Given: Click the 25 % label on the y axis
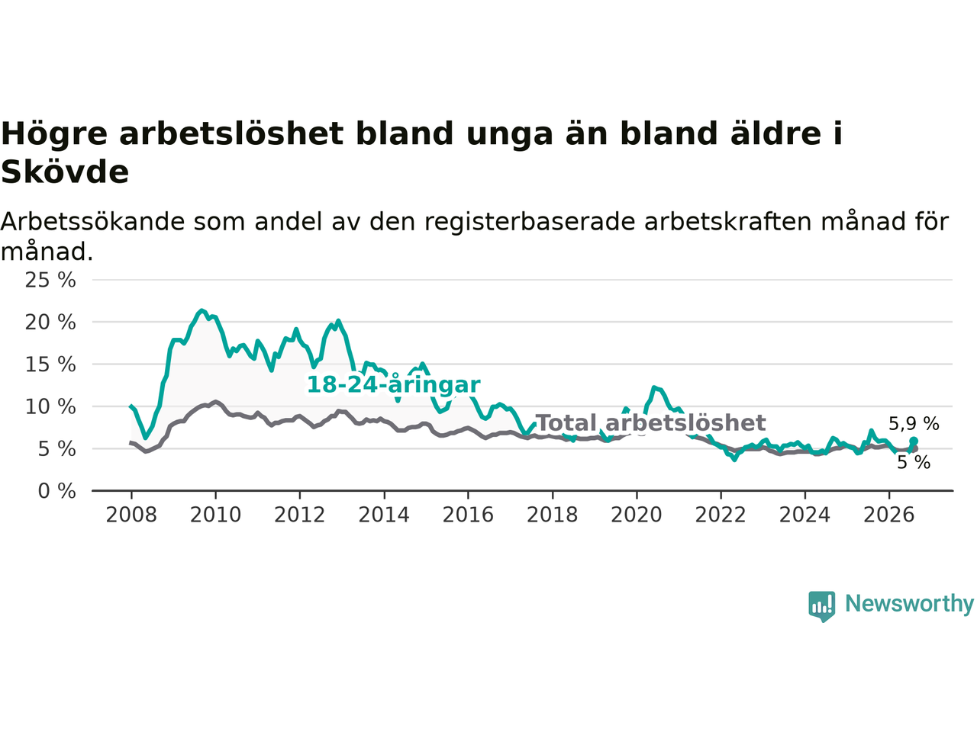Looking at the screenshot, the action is point(50,281).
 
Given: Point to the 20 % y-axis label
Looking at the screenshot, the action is point(50,323).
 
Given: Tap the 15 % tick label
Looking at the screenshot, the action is point(50,365).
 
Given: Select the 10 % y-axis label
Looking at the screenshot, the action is point(50,407).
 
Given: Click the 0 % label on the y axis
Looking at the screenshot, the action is point(57,492).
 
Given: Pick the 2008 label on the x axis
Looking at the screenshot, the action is point(131,515).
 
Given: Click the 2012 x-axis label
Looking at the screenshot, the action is point(299,515).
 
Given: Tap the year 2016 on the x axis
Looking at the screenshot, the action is point(468,515).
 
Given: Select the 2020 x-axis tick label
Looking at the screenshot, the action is point(637,515).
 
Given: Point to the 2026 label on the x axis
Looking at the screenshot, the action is point(889,515).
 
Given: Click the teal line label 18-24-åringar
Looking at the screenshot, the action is point(393,385).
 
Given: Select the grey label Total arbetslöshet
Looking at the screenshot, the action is point(651,422).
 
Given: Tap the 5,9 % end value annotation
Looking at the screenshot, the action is point(914,424).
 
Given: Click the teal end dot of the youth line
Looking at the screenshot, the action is point(914,441).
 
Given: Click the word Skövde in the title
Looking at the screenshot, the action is point(65,172).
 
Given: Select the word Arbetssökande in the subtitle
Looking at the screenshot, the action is point(92,221).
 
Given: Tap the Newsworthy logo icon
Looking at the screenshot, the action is point(821,606).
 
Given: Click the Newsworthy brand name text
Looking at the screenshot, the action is point(909,604).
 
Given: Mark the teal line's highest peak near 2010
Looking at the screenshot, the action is point(202,310).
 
